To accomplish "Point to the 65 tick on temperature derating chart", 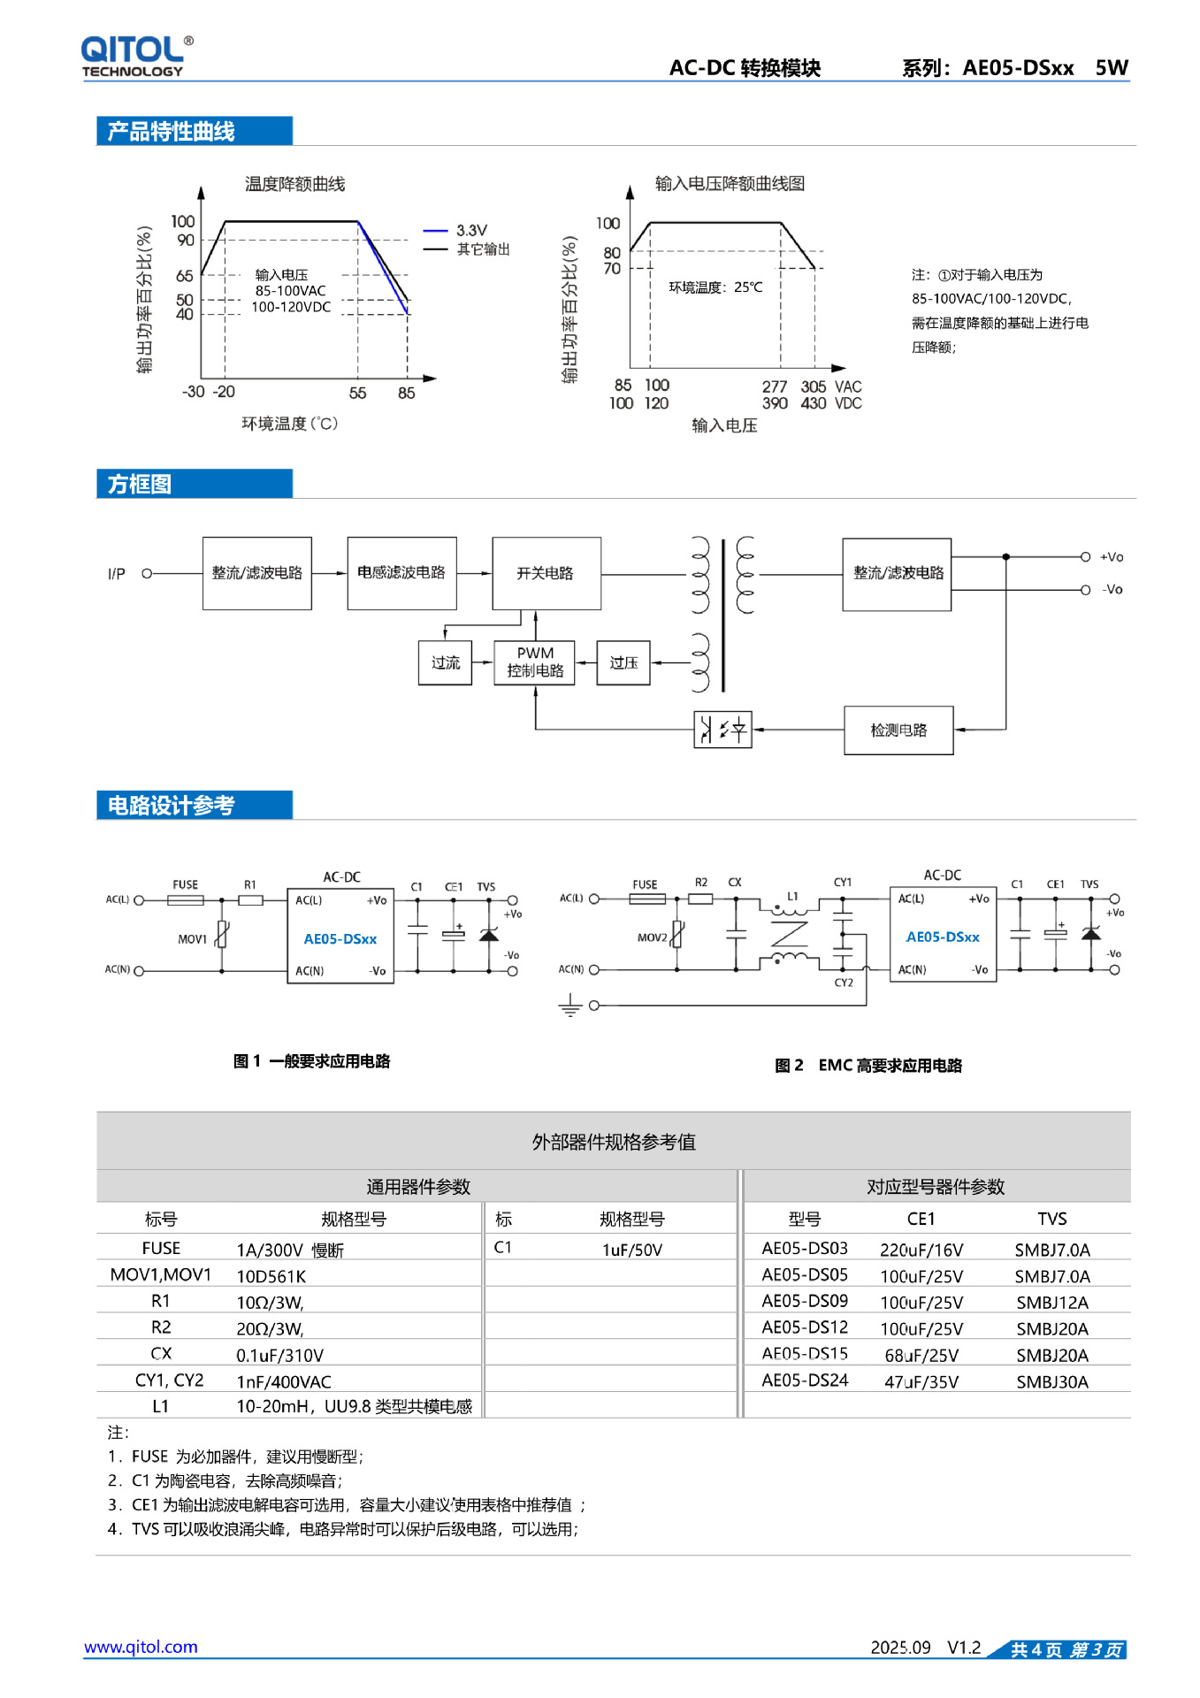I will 184,276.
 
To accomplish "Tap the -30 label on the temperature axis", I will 193,392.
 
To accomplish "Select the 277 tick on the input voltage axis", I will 774,386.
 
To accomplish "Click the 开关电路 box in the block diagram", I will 546,573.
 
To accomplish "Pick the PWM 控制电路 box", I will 535,662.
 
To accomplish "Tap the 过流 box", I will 445,662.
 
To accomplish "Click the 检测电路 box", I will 898,730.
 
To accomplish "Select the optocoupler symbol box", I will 722,730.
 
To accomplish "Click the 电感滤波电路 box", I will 401,573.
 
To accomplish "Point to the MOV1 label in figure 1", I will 192,939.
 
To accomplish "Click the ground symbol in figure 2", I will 570,1006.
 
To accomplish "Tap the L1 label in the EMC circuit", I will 792,896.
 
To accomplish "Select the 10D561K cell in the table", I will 271,1276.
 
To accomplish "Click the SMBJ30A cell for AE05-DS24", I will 1051,1381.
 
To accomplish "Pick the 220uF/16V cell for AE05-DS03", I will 921,1250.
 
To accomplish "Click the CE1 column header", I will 921,1219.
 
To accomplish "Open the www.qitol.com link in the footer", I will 141,1647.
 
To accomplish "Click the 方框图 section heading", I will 140,485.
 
